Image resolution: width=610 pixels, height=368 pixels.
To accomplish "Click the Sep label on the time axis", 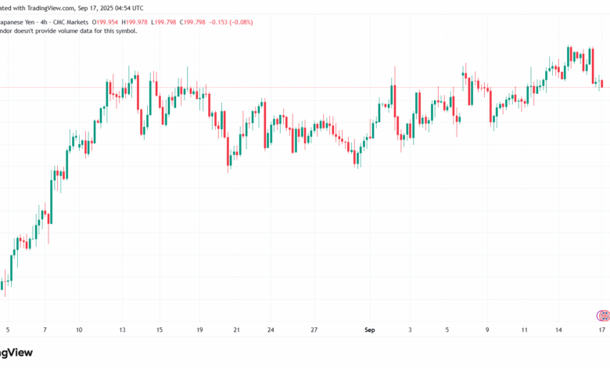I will (x=370, y=330).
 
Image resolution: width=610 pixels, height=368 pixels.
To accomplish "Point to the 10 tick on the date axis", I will (x=79, y=330).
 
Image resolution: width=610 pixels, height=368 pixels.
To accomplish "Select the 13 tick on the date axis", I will (x=123, y=330).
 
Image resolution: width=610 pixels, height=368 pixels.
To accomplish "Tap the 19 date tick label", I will (x=199, y=330).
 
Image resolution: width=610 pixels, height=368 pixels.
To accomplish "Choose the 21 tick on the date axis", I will (x=237, y=330).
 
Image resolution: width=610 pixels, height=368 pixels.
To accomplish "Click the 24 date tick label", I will (x=270, y=330).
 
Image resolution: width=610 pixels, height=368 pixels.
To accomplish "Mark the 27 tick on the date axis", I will (x=313, y=330).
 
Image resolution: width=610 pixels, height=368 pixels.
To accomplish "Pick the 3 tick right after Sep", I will (x=409, y=330).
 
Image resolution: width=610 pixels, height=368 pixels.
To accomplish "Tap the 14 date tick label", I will (x=560, y=330).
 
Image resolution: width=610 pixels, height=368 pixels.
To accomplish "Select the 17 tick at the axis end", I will (x=601, y=330).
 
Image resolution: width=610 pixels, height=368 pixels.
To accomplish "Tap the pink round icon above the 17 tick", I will (x=602, y=316).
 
